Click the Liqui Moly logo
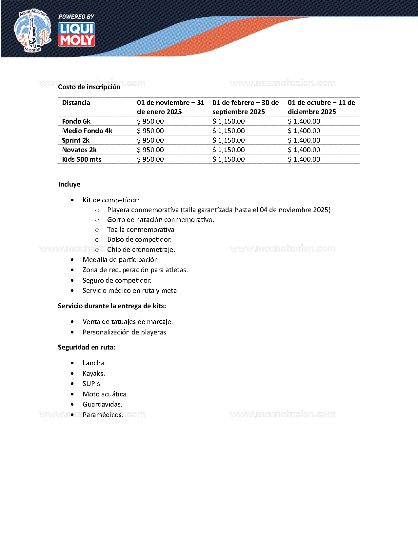click(76, 34)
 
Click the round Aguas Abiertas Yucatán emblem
click(32, 31)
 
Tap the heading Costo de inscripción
click(89, 87)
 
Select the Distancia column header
click(76, 103)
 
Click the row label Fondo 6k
click(76, 121)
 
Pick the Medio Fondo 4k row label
click(87, 131)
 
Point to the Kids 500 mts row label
click(82, 159)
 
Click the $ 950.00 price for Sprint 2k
click(150, 140)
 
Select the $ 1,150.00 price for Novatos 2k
click(229, 150)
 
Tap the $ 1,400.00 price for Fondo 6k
click(304, 121)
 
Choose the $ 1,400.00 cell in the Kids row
click(304, 159)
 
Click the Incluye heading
click(69, 184)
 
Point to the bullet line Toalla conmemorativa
click(141, 230)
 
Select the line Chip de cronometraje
click(141, 250)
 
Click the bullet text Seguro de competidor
click(117, 280)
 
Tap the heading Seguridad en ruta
click(87, 347)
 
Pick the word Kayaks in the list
click(93, 373)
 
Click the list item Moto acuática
click(105, 394)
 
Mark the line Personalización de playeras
click(125, 332)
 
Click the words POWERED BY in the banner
click(76, 17)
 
